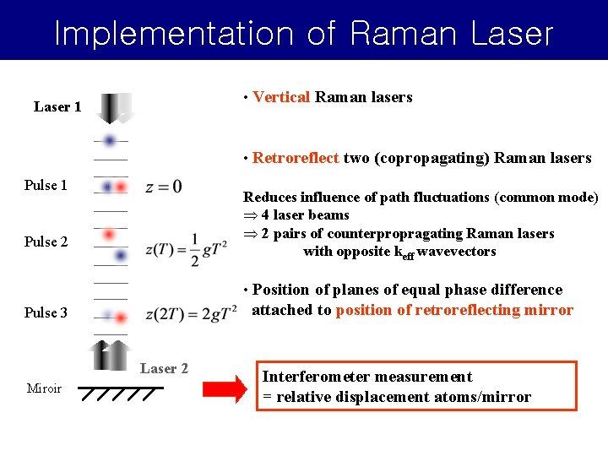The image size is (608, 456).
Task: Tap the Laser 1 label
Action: point(57,106)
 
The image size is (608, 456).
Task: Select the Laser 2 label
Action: point(164,368)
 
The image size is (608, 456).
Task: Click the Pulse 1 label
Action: point(46,185)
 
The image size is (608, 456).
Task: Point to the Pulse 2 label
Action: point(46,242)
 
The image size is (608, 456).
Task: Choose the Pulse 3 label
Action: point(46,312)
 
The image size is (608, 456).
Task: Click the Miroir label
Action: point(44,388)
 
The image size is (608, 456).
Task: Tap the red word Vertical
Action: point(281,97)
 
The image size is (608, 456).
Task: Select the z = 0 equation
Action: point(163,187)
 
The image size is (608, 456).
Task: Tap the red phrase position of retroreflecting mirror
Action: point(454,310)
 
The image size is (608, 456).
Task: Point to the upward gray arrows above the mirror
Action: point(111,354)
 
